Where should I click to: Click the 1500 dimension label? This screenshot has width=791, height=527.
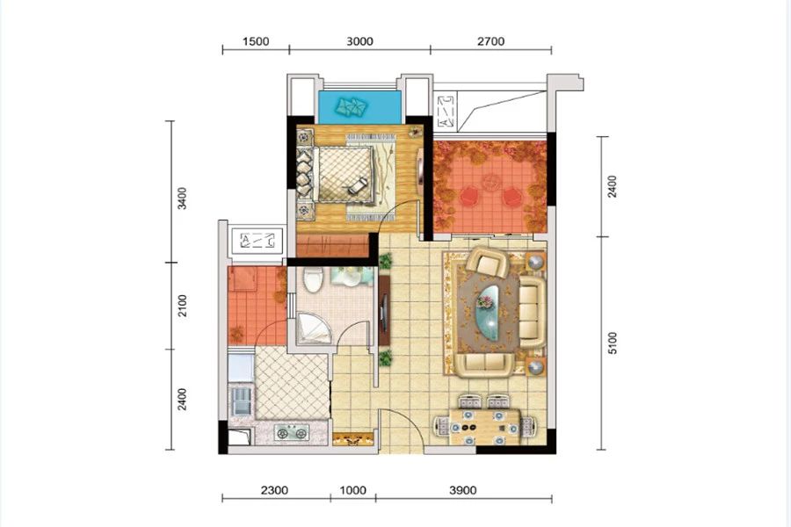(256, 41)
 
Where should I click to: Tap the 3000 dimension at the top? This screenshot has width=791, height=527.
(359, 41)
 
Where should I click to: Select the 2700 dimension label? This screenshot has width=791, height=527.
(490, 41)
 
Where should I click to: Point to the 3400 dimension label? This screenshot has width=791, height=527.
(182, 199)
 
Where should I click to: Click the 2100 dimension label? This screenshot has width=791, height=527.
(182, 306)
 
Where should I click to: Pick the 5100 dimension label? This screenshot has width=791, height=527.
(612, 343)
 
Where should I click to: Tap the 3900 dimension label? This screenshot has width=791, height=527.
(462, 490)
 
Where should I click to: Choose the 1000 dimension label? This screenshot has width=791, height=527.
(352, 490)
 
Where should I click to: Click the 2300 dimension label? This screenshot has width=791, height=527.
(274, 490)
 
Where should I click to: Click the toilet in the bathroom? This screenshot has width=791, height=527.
(313, 280)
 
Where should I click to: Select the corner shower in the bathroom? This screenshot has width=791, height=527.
(313, 328)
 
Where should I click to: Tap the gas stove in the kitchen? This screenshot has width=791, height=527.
(292, 433)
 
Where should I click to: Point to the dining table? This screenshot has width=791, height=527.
(485, 427)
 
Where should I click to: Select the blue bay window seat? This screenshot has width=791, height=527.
(360, 107)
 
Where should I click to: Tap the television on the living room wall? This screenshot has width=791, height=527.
(385, 311)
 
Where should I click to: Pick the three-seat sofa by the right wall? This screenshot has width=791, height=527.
(533, 311)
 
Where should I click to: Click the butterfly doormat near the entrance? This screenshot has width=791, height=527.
(353, 440)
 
